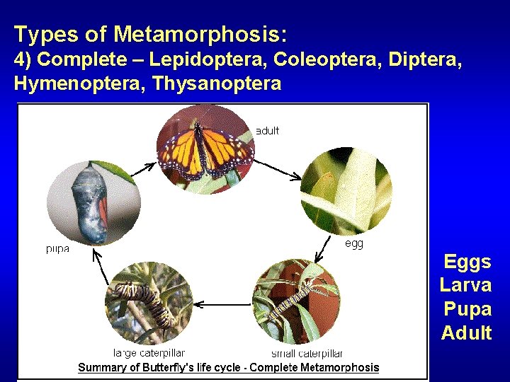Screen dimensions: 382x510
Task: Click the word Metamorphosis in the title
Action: [200, 33]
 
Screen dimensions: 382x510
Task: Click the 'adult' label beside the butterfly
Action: [267, 130]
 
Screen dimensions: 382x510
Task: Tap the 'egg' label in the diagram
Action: [353, 243]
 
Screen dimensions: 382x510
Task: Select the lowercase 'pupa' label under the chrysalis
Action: [57, 249]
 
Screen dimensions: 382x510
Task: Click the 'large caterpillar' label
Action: [149, 353]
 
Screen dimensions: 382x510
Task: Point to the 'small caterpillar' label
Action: [307, 353]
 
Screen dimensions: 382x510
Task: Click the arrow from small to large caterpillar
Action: [219, 303]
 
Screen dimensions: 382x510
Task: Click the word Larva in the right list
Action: [465, 285]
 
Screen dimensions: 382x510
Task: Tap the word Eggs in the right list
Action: [467, 262]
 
